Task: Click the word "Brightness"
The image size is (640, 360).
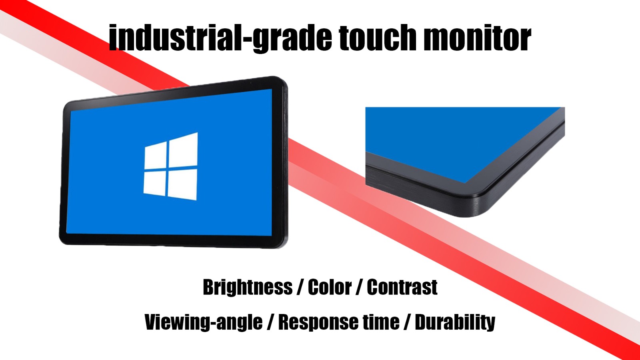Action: (x=248, y=287)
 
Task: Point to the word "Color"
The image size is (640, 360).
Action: (x=330, y=287)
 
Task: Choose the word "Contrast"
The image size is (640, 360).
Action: (x=402, y=287)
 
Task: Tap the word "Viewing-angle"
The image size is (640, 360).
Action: (x=204, y=322)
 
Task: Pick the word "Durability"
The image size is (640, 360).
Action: (x=455, y=322)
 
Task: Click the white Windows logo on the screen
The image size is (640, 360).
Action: (x=170, y=166)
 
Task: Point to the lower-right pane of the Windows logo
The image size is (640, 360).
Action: (x=182, y=184)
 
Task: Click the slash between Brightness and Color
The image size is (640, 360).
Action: (x=300, y=287)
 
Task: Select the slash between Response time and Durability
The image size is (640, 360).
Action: (x=407, y=322)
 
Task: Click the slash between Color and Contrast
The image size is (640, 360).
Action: (x=359, y=287)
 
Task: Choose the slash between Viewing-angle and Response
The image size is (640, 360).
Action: (x=270, y=322)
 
